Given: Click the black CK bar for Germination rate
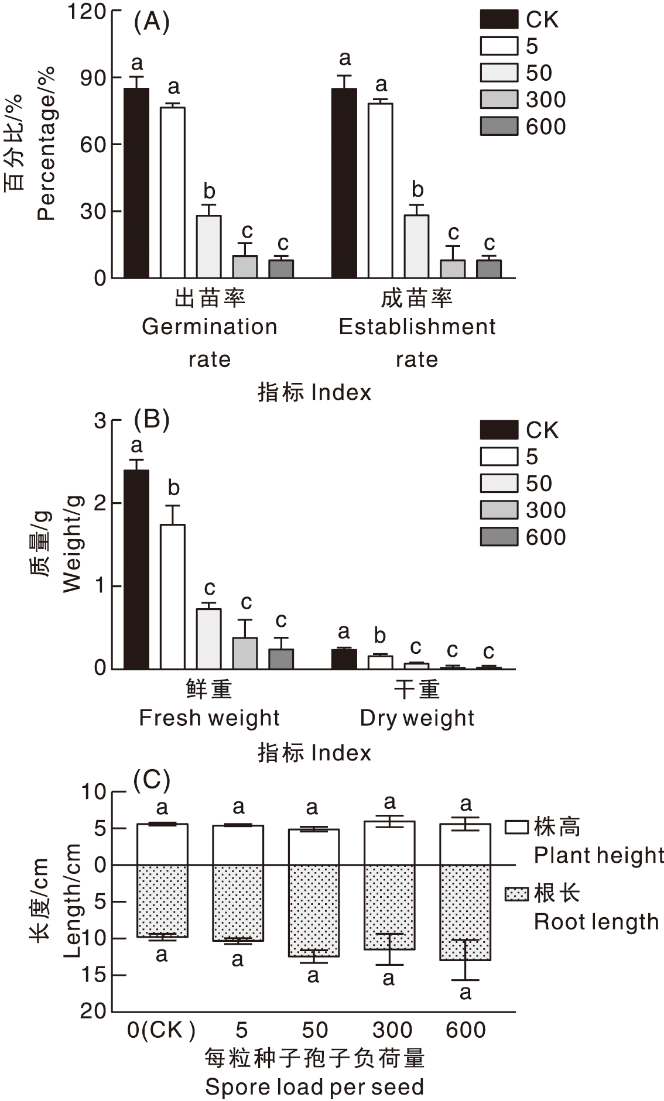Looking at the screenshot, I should coord(136,183).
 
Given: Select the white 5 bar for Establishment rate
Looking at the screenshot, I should coord(381,190).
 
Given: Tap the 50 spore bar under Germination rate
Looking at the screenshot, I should coord(209,246).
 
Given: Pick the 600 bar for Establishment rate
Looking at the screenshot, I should coord(489,269).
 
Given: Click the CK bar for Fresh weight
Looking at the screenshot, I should coord(136,569).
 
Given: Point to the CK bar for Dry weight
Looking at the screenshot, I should coord(344,659).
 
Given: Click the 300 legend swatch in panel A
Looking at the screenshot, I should coord(499,100).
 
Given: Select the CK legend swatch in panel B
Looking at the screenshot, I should coord(499,430).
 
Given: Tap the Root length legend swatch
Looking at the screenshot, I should coord(517,894).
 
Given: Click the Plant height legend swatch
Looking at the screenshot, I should coord(517,826).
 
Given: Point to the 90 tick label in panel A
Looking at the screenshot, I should coord(94,78).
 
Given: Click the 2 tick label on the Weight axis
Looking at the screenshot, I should coord(100,503).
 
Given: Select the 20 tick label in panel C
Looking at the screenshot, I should coord(94,1011).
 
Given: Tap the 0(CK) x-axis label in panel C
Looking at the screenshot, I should coord(161,1030).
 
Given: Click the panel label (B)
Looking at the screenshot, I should coord(152,419).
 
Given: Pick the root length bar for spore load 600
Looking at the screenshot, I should coord(466,913).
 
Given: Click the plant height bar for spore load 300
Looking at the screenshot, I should coord(389,843).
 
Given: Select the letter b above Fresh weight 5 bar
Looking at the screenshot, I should coord(173,488).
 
